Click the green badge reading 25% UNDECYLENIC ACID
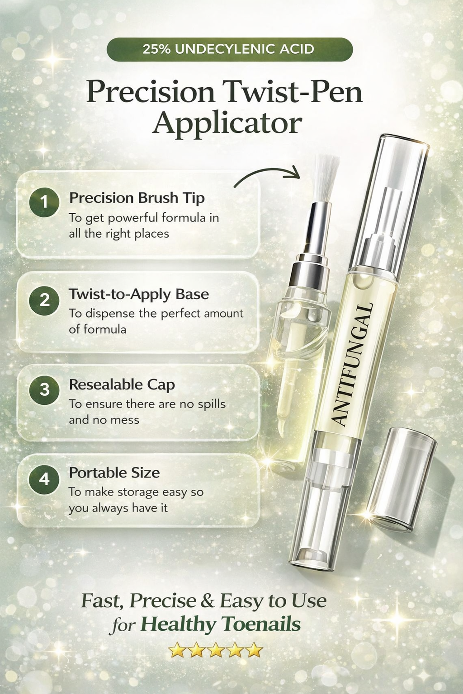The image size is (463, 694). pyautogui.click(x=229, y=49)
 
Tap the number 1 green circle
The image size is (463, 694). pyautogui.click(x=44, y=202)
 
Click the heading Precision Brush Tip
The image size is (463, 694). pyautogui.click(x=137, y=198)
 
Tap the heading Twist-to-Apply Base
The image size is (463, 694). pyautogui.click(x=139, y=294)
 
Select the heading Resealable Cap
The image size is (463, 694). pyautogui.click(x=122, y=385)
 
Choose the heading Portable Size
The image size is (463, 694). pyautogui.click(x=114, y=473)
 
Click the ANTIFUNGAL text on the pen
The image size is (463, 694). pyautogui.click(x=352, y=364)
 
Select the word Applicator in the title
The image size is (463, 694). pyautogui.click(x=227, y=123)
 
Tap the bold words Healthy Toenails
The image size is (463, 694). pyautogui.click(x=221, y=624)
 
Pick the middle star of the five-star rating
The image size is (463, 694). pyautogui.click(x=216, y=651)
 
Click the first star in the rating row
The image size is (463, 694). pyautogui.click(x=177, y=651)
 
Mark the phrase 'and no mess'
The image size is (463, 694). pyautogui.click(x=104, y=420)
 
